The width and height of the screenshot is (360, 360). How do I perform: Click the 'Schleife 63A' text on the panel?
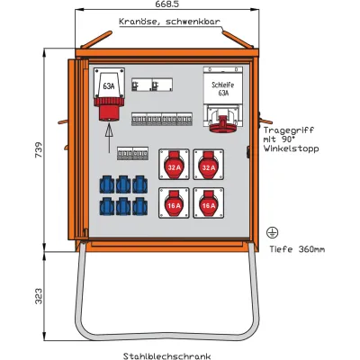pos(220,87)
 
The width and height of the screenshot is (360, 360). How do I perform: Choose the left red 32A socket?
pos(174,166)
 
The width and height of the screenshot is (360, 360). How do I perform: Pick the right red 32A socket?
pos(208,166)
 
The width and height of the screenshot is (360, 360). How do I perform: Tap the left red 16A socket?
pos(174,205)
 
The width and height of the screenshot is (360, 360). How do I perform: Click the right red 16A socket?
pos(208,205)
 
